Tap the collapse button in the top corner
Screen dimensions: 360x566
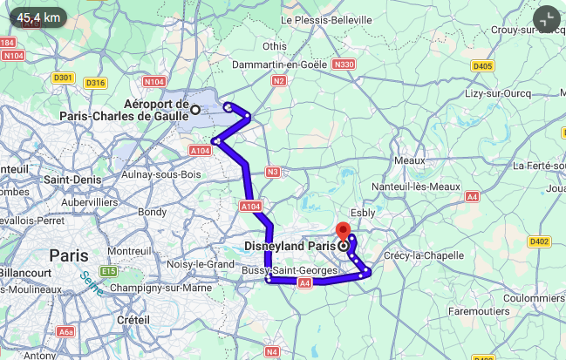tap(546, 19)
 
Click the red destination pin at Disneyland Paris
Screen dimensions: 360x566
tap(344, 232)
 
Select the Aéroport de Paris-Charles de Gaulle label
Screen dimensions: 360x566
tap(124, 110)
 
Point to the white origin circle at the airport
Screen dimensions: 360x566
tap(195, 109)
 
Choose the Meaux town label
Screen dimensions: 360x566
tap(408, 160)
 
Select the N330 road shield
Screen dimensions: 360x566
tap(344, 65)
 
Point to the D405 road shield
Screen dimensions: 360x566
tap(482, 65)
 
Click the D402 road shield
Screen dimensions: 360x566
tap(539, 241)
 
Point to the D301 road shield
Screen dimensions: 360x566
tap(63, 78)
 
